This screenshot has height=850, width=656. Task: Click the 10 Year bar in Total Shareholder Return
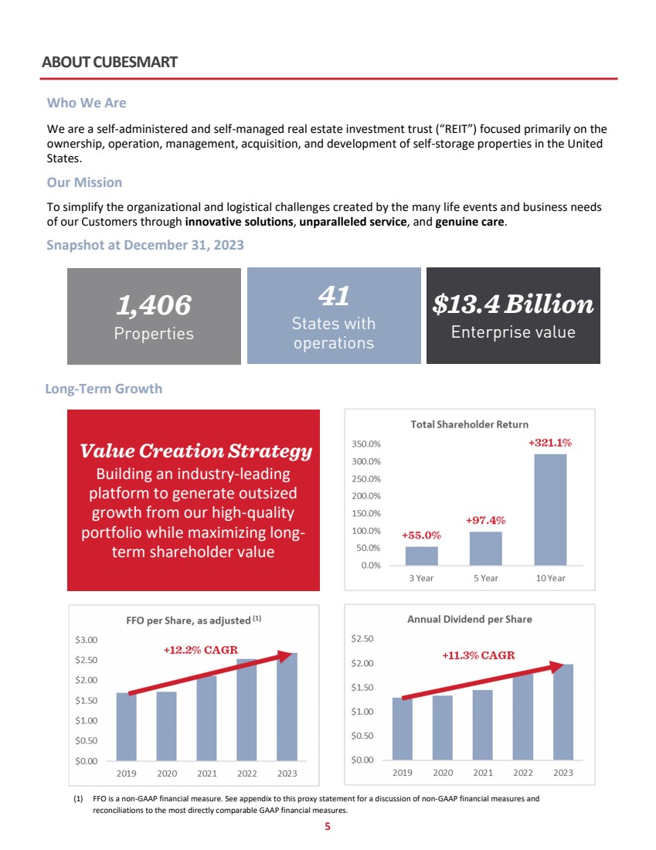550,510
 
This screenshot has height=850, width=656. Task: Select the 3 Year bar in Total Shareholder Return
421,556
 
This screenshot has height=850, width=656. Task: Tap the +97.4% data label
485,521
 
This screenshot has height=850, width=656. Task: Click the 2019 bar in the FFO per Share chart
126,726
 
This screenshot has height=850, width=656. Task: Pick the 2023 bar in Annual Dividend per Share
563,712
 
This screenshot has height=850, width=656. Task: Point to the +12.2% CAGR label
200,650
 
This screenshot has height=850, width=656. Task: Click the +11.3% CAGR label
478,655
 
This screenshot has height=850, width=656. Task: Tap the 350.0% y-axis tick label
365,444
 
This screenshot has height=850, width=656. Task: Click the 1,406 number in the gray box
153,306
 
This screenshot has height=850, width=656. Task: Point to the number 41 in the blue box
334,295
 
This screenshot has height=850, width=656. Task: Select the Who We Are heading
87,103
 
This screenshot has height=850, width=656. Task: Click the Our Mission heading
84,183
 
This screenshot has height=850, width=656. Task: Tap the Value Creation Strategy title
195,451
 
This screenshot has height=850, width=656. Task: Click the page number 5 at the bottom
328,827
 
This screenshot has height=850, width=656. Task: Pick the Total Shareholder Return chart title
469,424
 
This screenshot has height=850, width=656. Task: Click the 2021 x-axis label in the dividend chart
483,773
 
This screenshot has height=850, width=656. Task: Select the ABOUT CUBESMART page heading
110,62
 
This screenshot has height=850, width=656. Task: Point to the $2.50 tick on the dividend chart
362,639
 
